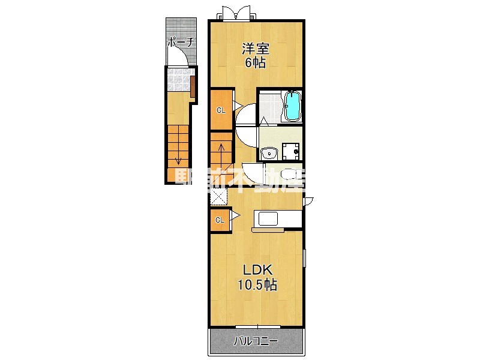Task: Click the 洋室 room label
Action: [x=256, y=49]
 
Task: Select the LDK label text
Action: [x=257, y=270]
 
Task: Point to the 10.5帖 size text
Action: [x=257, y=285]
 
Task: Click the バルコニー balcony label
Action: [x=256, y=341]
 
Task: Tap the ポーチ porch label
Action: [x=181, y=42]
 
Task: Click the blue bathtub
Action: [x=293, y=106]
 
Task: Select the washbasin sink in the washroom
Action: [x=269, y=153]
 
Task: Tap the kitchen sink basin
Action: [x=268, y=218]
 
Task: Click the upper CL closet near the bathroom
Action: [x=221, y=110]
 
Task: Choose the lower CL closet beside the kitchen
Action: [x=220, y=220]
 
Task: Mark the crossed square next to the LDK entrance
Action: [x=218, y=196]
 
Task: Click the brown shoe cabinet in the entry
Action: [x=193, y=86]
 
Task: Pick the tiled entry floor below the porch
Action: [x=179, y=80]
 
